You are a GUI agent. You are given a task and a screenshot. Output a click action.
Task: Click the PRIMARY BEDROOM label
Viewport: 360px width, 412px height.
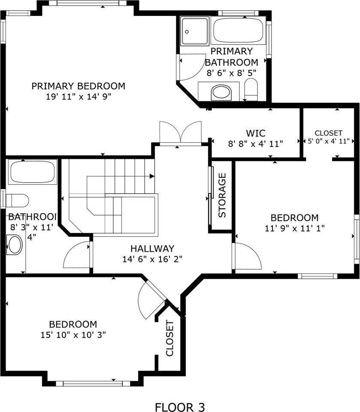pos(78,86)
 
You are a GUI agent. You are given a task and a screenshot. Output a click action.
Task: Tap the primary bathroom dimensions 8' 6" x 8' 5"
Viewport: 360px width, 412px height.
pos(231,73)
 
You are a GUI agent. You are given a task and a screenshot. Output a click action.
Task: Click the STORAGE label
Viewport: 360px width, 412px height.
pos(222,196)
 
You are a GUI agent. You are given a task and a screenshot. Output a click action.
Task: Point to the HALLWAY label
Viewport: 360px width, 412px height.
pos(152,249)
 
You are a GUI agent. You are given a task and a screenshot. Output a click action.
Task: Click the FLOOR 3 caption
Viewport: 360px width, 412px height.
pos(180,406)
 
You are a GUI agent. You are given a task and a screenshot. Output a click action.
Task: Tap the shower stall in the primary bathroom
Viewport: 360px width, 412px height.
pos(195,31)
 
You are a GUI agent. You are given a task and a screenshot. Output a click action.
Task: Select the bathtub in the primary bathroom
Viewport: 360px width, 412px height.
pos(239,31)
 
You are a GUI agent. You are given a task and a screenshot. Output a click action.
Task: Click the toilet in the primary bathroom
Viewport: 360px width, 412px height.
pos(251,90)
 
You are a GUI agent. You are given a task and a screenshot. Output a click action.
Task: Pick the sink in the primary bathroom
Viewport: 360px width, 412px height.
pos(221,92)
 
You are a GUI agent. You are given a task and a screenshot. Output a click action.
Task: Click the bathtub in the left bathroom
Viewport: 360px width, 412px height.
pos(32,172)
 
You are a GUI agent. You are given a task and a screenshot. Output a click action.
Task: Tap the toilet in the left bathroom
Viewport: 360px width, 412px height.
pos(17,200)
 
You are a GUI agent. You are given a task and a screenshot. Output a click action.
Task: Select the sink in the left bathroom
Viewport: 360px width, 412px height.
pos(15,245)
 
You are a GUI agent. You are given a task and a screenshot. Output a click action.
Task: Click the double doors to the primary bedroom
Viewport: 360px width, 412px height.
pos(180,133)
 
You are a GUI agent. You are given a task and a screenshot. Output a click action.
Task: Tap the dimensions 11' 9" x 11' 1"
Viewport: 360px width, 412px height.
pos(294,229)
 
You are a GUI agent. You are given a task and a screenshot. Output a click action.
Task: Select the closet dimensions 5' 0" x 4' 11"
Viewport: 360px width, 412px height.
pos(329,141)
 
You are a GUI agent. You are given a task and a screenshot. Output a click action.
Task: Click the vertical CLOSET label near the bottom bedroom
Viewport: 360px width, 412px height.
pos(169,339)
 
